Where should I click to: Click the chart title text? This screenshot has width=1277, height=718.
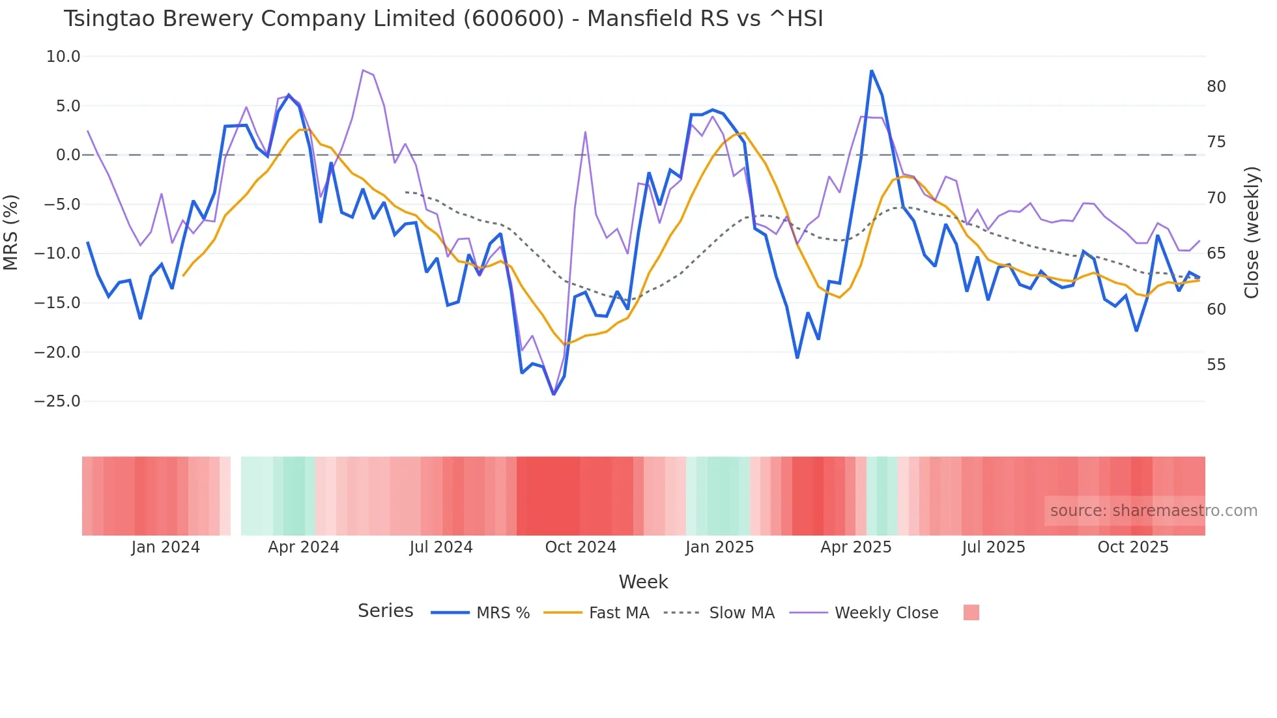pyautogui.click(x=443, y=19)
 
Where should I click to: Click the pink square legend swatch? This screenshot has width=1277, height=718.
pyautogui.click(x=971, y=612)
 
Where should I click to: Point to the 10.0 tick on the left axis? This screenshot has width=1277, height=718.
pyautogui.click(x=63, y=57)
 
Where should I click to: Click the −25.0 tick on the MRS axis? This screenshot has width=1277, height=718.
pyautogui.click(x=57, y=401)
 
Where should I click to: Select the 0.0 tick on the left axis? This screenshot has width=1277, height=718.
pyautogui.click(x=68, y=155)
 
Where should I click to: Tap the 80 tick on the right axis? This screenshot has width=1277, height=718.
pyautogui.click(x=1216, y=87)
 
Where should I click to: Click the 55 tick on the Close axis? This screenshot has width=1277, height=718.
pyautogui.click(x=1216, y=365)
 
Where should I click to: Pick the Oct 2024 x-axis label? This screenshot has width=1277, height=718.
pyautogui.click(x=580, y=547)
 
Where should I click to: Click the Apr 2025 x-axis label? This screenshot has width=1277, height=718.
pyautogui.click(x=855, y=547)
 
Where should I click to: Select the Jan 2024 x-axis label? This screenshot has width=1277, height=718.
pyautogui.click(x=165, y=547)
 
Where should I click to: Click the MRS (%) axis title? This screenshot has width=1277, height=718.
pyautogui.click(x=11, y=232)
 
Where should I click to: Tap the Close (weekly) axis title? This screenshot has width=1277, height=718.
pyautogui.click(x=1251, y=233)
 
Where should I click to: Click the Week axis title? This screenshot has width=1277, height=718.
pyautogui.click(x=643, y=582)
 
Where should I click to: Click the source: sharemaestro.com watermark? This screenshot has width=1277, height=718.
pyautogui.click(x=1153, y=511)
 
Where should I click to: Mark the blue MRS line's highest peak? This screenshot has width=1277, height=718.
pyautogui.click(x=871, y=71)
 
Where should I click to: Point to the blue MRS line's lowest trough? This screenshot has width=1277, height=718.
pyautogui.click(x=554, y=394)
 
